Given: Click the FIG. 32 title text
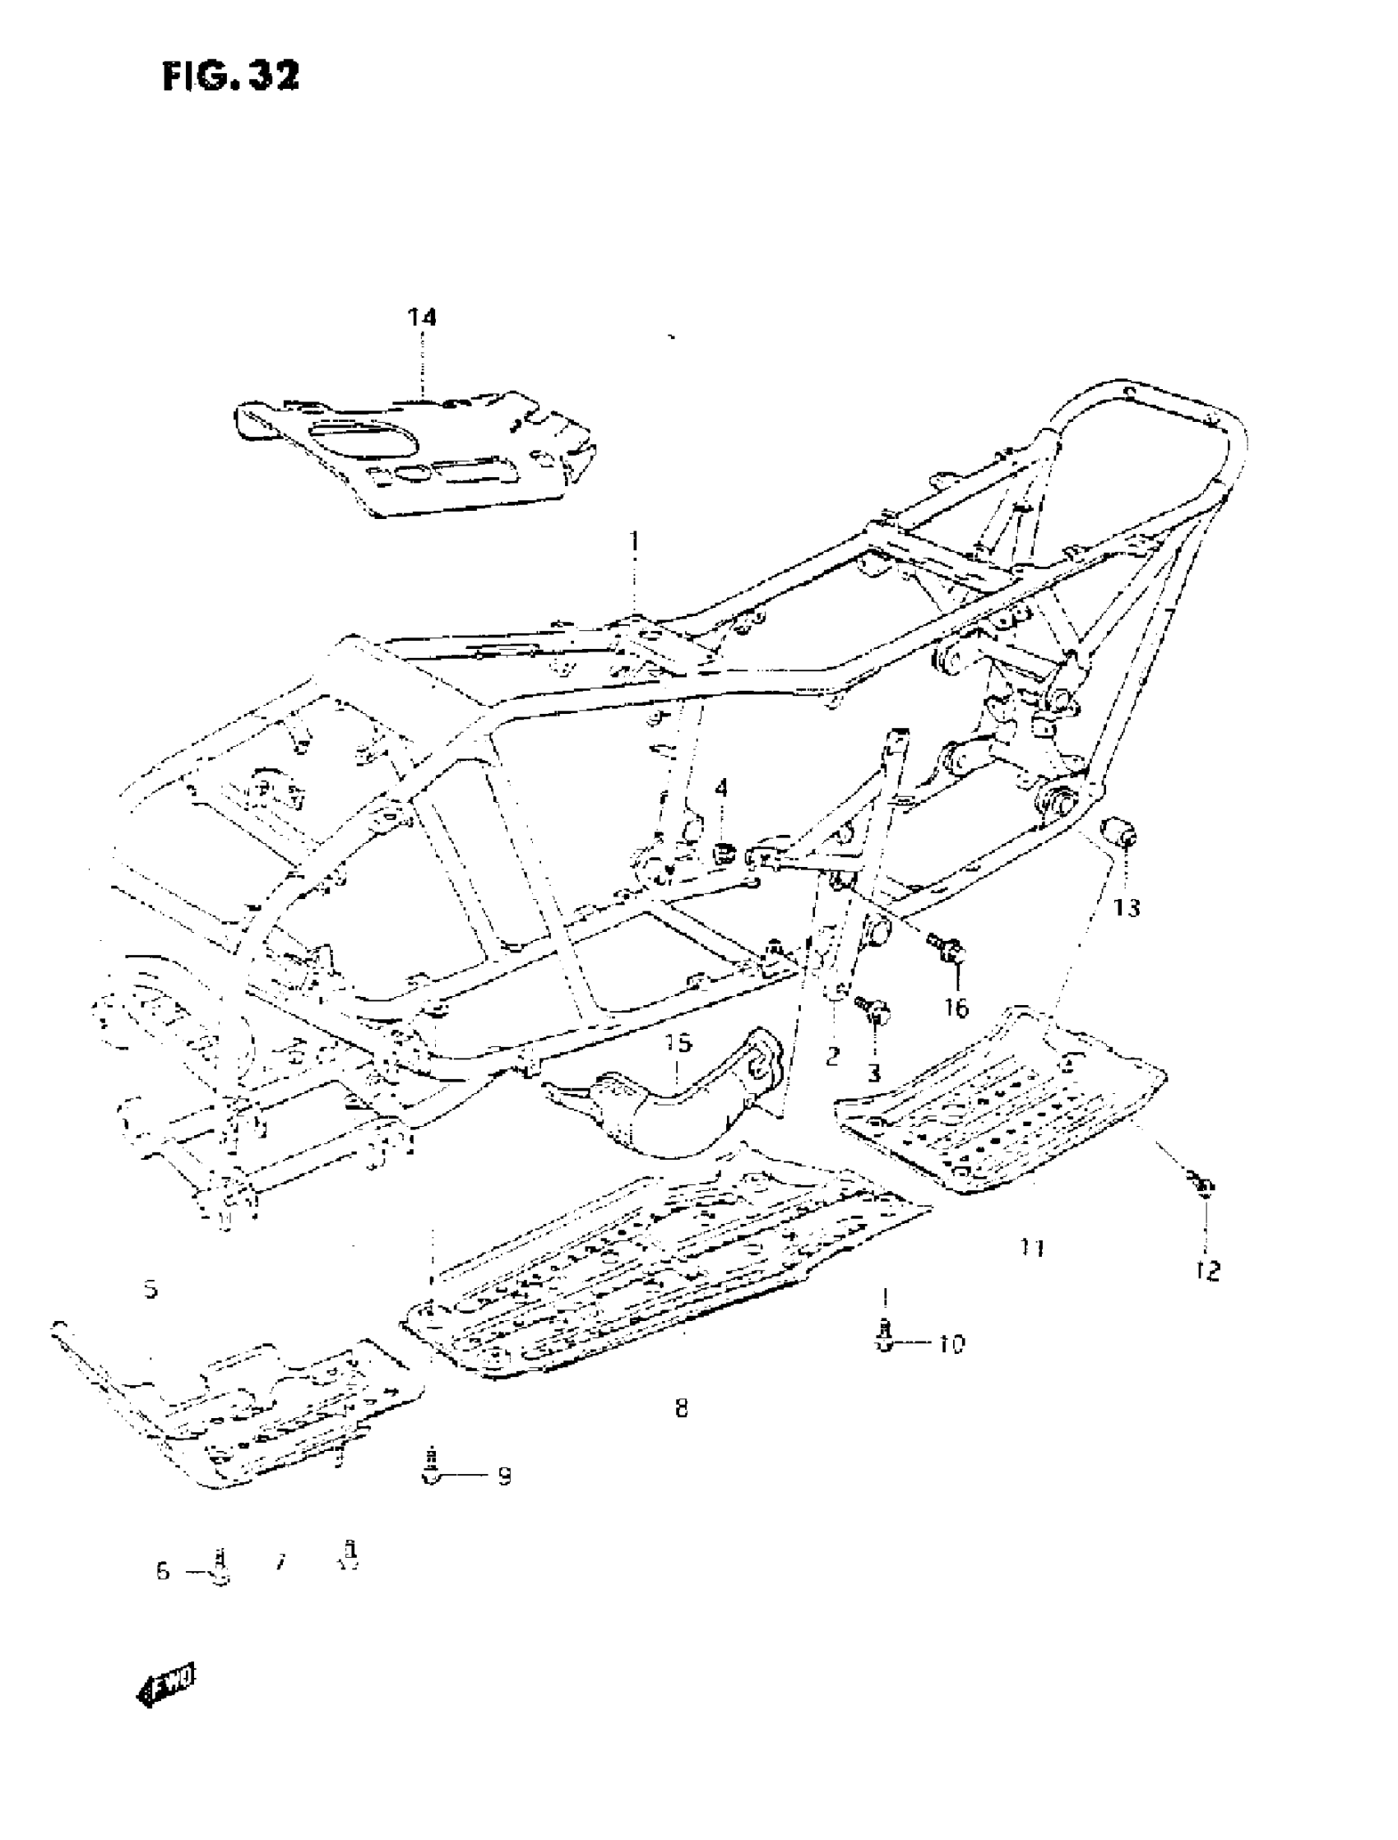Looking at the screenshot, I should pos(230,76).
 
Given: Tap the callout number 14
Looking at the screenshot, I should pos(422,317).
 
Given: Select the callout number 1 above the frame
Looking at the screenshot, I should pos(634,542).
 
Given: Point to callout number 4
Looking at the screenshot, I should pos(721,787).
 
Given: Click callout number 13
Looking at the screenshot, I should pos(1127,907).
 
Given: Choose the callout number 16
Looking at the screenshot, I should pos(957,1008).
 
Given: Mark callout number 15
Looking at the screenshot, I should pos(679,1043).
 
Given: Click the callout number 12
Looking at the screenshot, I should pos(1207,1271).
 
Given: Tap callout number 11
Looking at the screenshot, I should pos(1033,1248).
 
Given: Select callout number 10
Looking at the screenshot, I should pos(951,1342).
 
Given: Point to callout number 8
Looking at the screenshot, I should pos(682,1408).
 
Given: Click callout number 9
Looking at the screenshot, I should pos(503,1476).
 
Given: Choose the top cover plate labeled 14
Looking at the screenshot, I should pos(416,453).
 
